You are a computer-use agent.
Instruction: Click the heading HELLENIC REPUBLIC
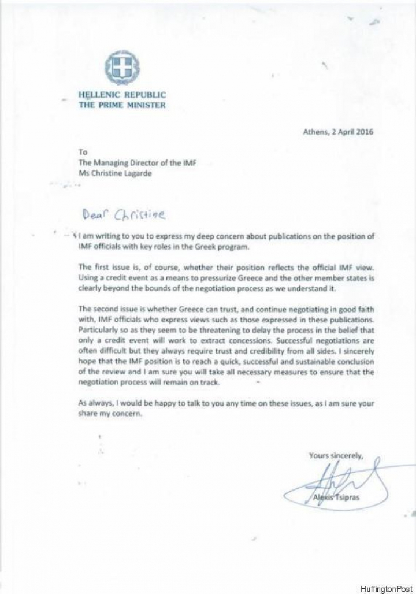[x=121, y=95]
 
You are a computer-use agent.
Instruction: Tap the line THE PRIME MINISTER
[x=121, y=105]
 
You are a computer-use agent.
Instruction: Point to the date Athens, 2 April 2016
[x=339, y=132]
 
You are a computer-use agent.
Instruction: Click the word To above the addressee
[x=83, y=153]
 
